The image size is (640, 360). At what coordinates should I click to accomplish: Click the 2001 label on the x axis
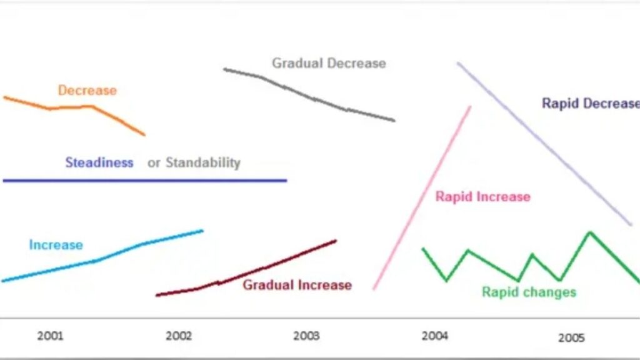51,336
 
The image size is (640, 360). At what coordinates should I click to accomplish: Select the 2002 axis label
179,336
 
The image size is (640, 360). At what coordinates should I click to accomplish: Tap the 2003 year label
306,336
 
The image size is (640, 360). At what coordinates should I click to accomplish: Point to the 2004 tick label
435,336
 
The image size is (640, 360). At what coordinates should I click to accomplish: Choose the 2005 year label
571,338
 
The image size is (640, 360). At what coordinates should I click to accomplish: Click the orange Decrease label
87,90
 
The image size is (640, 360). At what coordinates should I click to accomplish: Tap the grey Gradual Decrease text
329,63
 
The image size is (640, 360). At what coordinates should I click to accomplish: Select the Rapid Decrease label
591,103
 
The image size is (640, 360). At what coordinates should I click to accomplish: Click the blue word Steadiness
99,162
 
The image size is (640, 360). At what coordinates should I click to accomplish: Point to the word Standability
203,163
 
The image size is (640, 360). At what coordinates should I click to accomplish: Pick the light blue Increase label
56,245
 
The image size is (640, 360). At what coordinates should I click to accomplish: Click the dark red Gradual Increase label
297,285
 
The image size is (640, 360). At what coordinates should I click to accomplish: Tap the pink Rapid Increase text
483,197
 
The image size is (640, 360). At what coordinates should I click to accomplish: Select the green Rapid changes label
529,292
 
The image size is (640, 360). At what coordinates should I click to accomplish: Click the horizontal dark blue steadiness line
145,181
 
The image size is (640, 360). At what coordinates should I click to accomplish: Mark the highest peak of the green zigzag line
590,232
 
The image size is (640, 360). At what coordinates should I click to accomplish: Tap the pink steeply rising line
421,199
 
